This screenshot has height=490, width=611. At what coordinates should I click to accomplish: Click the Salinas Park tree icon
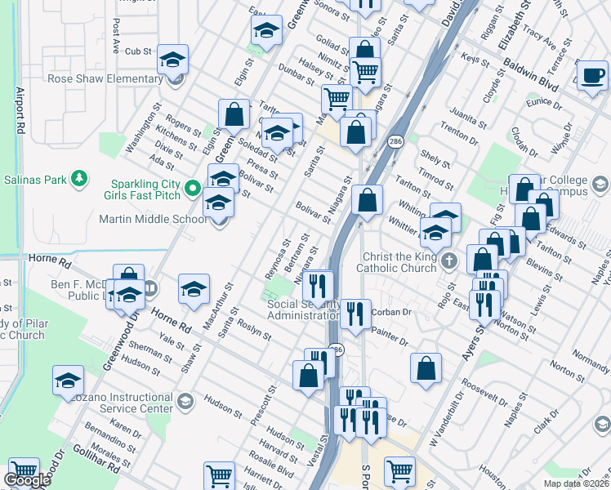click(79, 177)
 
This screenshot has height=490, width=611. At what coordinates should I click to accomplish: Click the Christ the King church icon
click(448, 261)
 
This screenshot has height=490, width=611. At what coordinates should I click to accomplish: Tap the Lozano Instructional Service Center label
click(115, 402)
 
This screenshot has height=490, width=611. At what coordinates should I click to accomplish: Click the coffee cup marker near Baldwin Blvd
click(592, 74)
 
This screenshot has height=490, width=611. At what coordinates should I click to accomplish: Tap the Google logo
click(27, 480)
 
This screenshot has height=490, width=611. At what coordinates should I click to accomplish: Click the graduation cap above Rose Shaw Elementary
click(172, 59)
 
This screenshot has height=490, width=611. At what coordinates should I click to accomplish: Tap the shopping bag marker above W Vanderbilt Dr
click(426, 367)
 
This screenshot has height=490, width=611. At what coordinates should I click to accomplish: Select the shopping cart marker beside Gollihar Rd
click(24, 473)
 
